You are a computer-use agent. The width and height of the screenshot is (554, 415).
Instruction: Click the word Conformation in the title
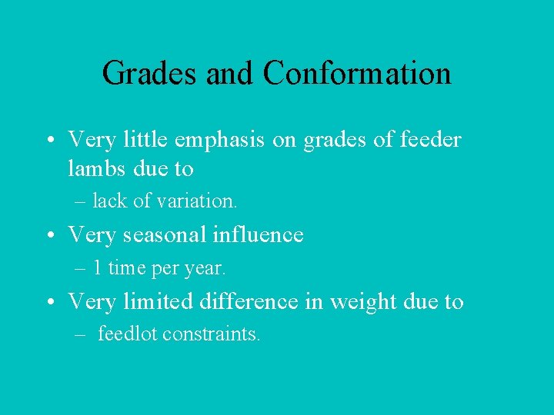(x=356, y=74)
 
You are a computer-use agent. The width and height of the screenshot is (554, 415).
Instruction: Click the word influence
(x=256, y=234)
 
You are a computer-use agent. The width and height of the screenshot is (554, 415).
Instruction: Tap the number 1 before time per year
(x=97, y=268)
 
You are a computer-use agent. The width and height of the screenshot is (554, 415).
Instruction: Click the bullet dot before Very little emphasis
(x=48, y=141)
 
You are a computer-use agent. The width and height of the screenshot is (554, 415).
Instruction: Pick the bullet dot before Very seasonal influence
(x=48, y=236)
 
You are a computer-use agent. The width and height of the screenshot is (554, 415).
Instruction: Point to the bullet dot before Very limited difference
(x=48, y=303)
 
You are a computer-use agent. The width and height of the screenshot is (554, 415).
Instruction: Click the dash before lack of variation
(x=81, y=202)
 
